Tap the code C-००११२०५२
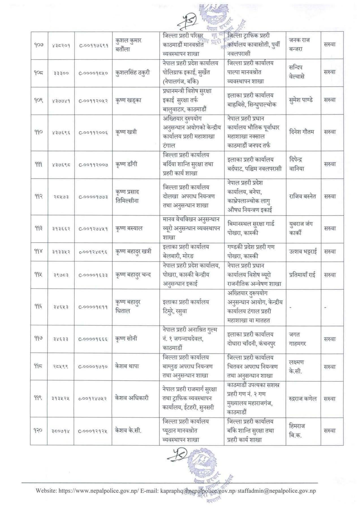[93, 100]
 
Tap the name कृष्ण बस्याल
[129, 228]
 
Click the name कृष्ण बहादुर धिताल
[128, 307]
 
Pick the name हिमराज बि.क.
[297, 431]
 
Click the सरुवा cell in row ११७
[329, 339]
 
